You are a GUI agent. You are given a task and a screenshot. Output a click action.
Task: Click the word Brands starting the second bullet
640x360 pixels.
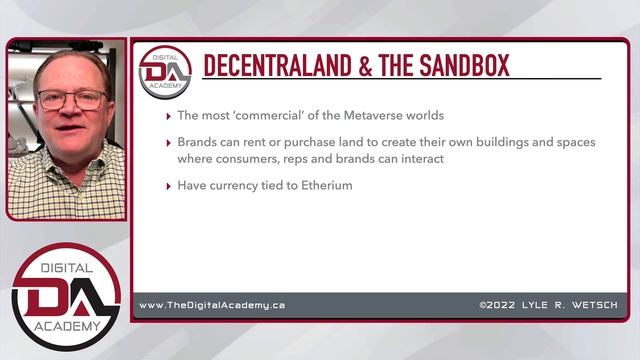(199, 142)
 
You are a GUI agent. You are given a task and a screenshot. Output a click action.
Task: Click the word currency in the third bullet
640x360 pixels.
(240, 185)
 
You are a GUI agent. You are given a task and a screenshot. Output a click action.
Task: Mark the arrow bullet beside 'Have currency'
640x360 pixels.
(168, 186)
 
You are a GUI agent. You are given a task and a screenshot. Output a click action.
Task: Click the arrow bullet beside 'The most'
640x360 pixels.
(168, 115)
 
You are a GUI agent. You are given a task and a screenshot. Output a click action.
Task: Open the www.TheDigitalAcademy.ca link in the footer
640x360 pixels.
(211, 305)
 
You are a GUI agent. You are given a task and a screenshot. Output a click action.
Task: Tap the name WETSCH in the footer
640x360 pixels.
(596, 305)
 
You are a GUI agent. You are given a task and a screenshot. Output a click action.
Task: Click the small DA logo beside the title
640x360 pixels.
(165, 68)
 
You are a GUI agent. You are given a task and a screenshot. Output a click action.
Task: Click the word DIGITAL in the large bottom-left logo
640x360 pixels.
(66, 267)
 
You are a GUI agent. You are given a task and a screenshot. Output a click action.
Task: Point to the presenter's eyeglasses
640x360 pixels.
(71, 100)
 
